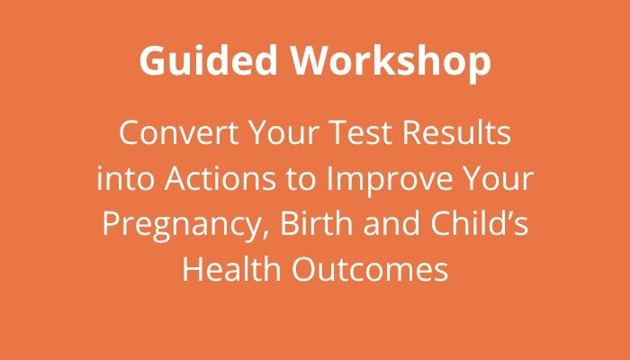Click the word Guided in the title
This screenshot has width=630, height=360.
(209, 60)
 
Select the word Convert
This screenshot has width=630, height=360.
(179, 133)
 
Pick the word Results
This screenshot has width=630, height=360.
(457, 133)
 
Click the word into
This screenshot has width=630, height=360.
(125, 178)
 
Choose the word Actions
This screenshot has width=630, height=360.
(220, 178)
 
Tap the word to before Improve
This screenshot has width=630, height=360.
(301, 179)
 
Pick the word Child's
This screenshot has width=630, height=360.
(480, 222)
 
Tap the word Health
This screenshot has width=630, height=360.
(232, 268)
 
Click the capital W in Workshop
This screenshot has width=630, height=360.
(315, 60)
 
